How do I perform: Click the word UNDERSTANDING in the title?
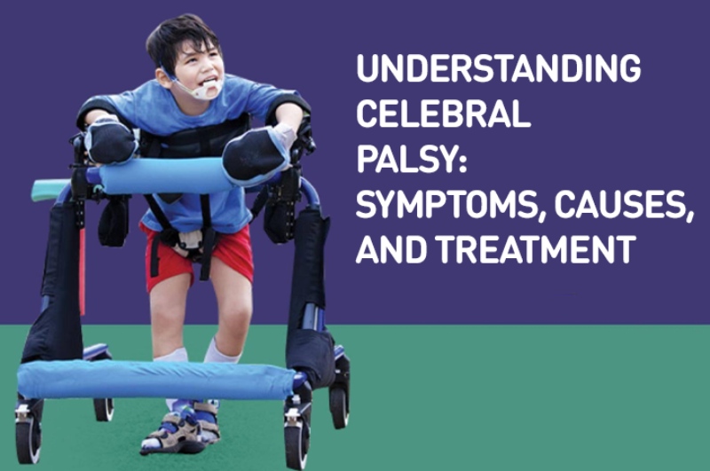[x=499, y=68]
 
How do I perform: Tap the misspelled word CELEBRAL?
[x=443, y=114]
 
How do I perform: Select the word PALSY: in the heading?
[x=411, y=160]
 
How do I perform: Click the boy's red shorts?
[x=199, y=255]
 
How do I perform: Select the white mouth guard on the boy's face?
[x=206, y=89]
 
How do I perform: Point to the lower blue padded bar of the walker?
[x=156, y=379]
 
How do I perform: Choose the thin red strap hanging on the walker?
[x=82, y=271]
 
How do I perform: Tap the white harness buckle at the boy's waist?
[x=190, y=239]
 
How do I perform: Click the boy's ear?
[x=163, y=77]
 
